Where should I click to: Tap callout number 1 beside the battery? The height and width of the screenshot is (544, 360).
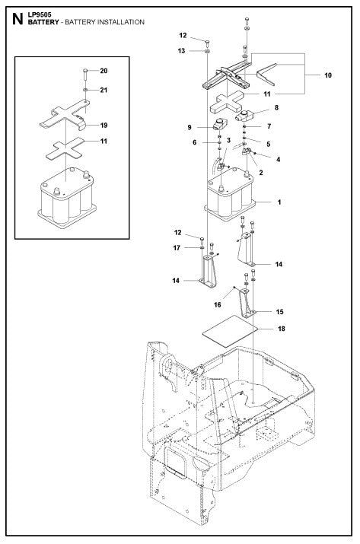pyautogui.click(x=279, y=203)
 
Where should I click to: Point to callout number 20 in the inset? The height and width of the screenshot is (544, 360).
pyautogui.click(x=104, y=71)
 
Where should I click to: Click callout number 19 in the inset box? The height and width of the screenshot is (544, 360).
pyautogui.click(x=104, y=125)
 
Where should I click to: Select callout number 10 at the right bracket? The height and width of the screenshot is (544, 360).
pyautogui.click(x=328, y=76)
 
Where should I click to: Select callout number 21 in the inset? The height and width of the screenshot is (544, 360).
pyautogui.click(x=104, y=91)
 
